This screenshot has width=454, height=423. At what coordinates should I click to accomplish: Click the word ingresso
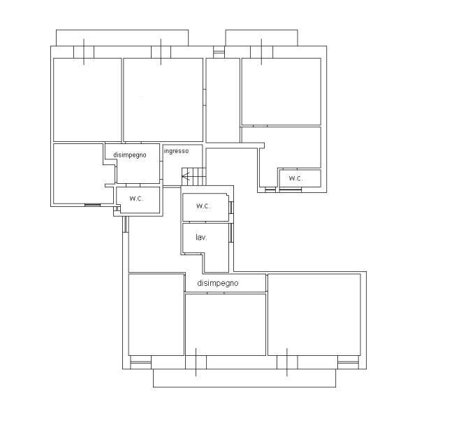point(176,151)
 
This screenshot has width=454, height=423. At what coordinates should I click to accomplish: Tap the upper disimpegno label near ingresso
point(130,155)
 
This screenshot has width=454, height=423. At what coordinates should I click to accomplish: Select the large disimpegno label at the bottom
point(218,283)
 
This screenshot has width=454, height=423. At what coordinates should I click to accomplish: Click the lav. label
point(201,238)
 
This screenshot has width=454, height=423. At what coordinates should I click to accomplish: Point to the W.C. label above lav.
point(203,206)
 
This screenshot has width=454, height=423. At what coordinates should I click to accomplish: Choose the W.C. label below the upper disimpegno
point(136,199)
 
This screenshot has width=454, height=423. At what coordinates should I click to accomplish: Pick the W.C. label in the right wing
point(296,178)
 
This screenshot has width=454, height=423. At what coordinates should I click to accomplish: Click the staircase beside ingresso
point(193,177)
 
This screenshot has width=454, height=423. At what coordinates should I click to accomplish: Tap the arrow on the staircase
point(186,175)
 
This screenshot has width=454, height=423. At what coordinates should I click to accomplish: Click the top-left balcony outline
point(122,30)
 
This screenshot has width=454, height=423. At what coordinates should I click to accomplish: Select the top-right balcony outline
point(261,30)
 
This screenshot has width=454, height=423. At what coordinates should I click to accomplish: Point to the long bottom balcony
point(244,387)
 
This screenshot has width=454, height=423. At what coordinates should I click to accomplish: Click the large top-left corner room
point(87,100)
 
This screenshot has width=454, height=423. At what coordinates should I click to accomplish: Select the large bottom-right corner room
point(314,315)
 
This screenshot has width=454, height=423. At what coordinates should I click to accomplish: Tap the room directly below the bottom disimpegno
point(226,324)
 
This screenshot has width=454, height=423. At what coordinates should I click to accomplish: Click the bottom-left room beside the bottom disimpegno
point(156,315)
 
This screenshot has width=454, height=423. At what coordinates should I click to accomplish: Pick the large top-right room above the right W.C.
point(281,92)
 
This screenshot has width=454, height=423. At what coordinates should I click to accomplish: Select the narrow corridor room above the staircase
point(223,100)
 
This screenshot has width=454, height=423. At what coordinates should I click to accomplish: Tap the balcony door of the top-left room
point(84,52)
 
